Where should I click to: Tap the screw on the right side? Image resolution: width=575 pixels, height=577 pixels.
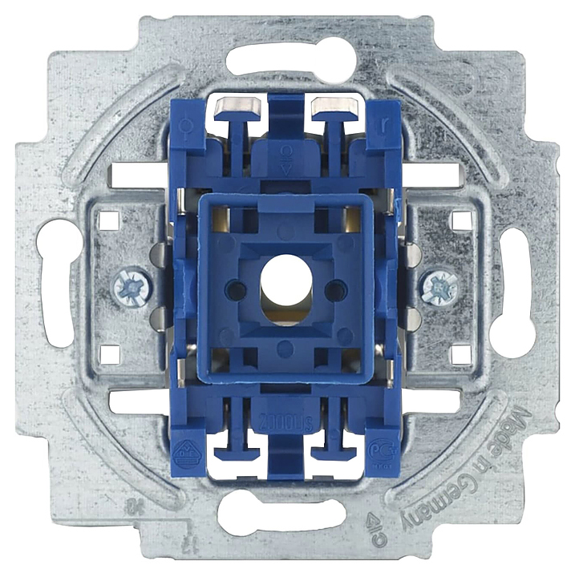(439, 285)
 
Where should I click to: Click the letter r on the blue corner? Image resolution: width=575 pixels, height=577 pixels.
(387, 126)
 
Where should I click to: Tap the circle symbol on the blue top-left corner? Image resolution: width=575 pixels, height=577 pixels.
(188, 126)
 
